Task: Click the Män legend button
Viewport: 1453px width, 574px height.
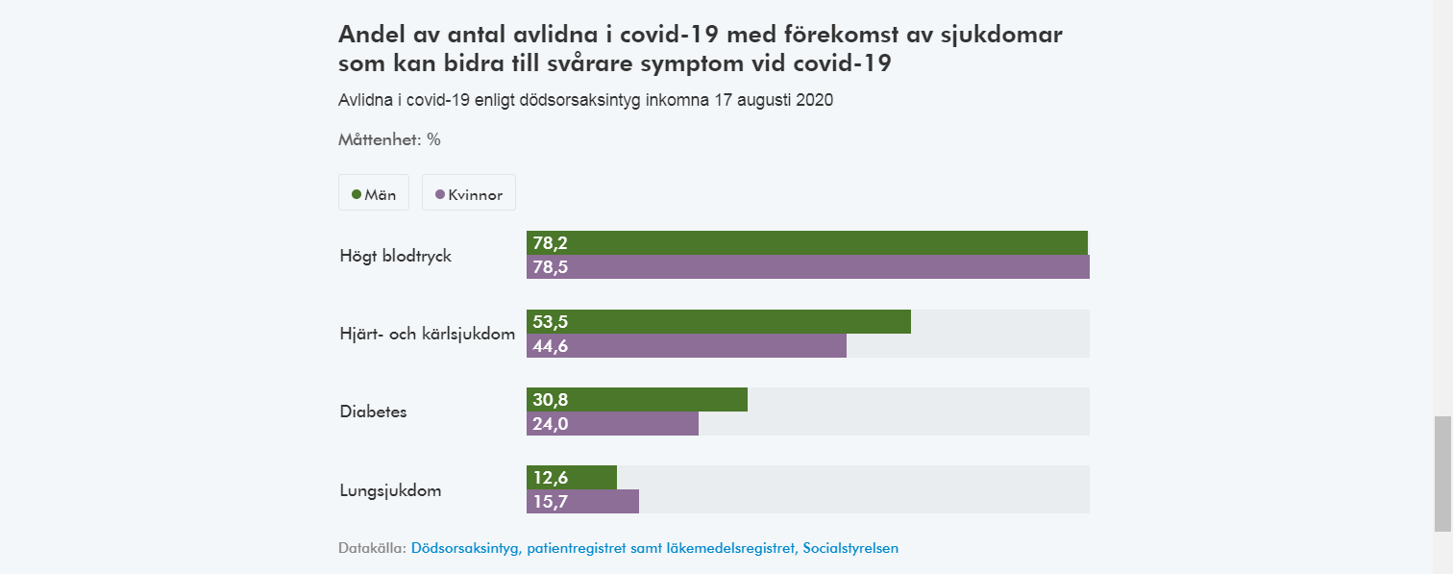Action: point(374,193)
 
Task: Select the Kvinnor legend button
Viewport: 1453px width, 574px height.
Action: point(469,193)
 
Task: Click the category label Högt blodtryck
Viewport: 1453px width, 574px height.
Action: point(395,257)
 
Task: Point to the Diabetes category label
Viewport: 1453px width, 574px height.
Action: point(373,412)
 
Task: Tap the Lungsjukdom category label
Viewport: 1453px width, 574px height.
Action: point(390,490)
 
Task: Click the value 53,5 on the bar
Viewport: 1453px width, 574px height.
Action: point(551,322)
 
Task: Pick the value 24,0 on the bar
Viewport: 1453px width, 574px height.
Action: point(551,424)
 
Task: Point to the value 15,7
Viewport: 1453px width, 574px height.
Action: point(551,502)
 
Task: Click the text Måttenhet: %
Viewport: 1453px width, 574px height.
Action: point(389,139)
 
